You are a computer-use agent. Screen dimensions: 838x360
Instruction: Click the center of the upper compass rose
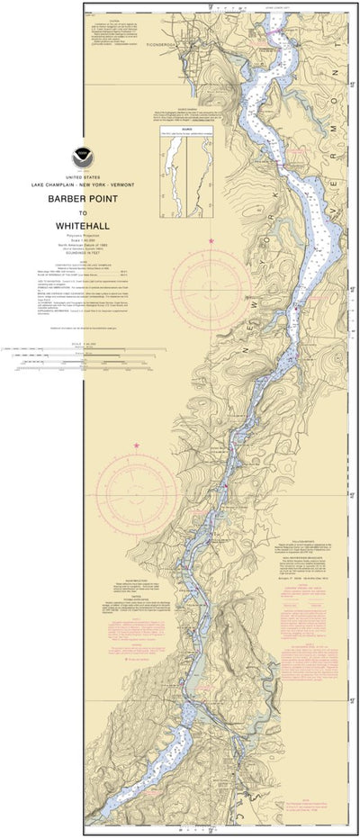click(211, 279)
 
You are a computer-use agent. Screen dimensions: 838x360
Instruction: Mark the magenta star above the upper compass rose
click(211, 241)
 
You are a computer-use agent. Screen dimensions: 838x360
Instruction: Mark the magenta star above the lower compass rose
click(137, 445)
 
